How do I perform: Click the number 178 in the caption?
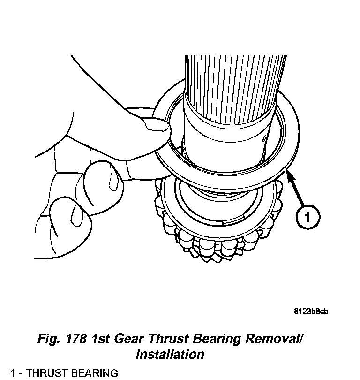[x=97, y=339]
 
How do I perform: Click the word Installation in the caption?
[x=170, y=354]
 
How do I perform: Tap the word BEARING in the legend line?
[x=89, y=373]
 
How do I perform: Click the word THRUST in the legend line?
[x=41, y=373]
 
